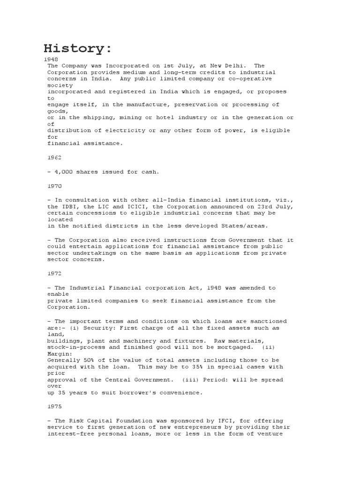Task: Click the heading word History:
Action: pyautogui.click(x=78, y=48)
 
